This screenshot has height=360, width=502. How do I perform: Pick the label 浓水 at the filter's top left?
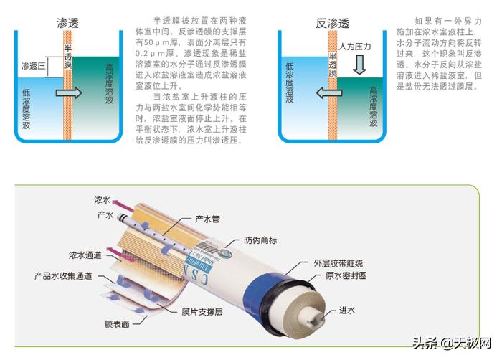[x=102, y=199]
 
